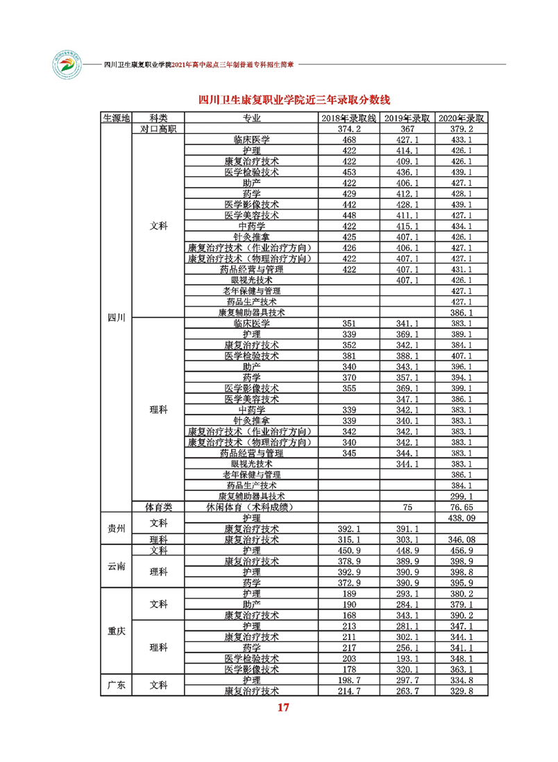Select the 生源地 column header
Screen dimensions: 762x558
(x=116, y=118)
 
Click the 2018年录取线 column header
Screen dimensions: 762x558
(x=351, y=118)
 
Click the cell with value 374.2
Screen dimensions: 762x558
(x=350, y=128)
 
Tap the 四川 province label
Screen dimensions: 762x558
(x=116, y=318)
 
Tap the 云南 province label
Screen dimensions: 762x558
(x=116, y=566)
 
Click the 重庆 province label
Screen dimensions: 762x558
(x=116, y=631)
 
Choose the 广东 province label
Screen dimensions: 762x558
(x=116, y=685)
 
